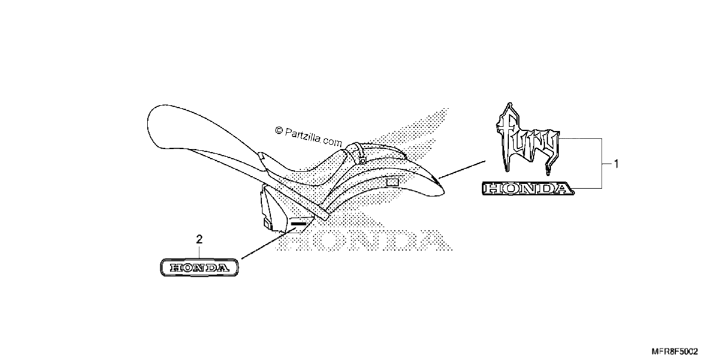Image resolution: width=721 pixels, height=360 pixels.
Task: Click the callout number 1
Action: (616, 164)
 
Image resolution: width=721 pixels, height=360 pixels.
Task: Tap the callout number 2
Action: (199, 239)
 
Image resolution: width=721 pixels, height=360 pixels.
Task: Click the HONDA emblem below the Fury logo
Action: (528, 188)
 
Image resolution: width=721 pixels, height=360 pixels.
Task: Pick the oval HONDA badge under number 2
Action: (199, 267)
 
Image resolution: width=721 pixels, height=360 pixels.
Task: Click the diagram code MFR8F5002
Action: (675, 352)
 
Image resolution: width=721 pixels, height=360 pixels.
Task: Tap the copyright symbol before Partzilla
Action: (279, 130)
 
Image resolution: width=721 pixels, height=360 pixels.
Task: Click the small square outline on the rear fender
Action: (392, 183)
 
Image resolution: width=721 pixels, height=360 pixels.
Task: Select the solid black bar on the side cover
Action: (299, 224)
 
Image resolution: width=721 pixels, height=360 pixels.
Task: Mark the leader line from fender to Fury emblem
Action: (462, 169)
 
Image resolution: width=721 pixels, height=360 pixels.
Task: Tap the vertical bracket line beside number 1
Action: (602, 163)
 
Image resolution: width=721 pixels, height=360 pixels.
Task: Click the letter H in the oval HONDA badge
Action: (176, 267)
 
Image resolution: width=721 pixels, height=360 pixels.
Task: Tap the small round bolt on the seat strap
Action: (362, 160)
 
